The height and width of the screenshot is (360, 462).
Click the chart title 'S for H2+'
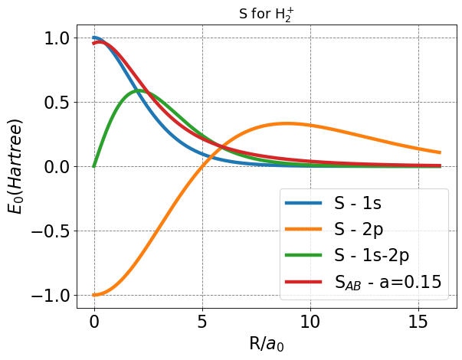tap(267, 11)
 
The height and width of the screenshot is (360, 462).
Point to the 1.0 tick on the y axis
tap(57, 38)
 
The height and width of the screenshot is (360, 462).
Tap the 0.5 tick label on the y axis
tap(57, 102)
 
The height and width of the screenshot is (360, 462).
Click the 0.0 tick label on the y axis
tap(57, 166)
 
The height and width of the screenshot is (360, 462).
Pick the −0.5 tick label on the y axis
tap(51, 231)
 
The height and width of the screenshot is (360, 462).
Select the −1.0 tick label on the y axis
tap(51, 295)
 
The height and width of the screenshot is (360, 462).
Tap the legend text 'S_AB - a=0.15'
tap(388, 282)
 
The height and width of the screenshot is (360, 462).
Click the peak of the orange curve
tap(287, 123)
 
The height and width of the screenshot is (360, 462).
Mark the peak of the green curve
tap(139, 90)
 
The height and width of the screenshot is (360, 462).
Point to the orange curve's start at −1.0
tap(94, 295)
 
